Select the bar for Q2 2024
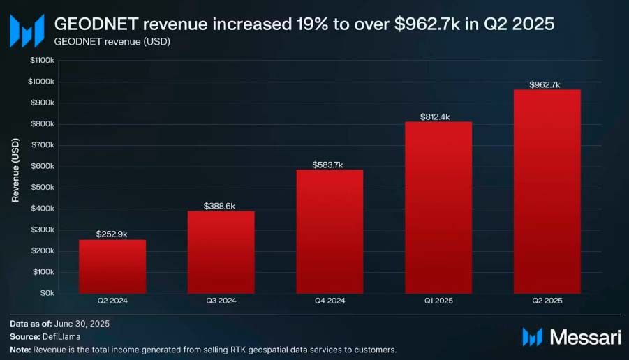pos(112,267)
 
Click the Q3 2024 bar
pos(221,252)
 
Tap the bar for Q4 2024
pos(330,231)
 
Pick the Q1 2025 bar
pos(438,207)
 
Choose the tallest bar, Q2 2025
pos(547,191)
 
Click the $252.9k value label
pos(112,234)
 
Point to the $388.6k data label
pos(220,206)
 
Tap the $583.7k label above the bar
pos(329,165)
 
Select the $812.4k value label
pos(437,117)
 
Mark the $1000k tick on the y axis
pos(42,82)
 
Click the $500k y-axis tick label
pos(43,188)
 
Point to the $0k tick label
pos(47,293)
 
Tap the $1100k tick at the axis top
pos(42,61)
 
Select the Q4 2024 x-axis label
pos(330,301)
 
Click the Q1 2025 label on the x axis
pos(438,301)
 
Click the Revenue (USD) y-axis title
pos(15,170)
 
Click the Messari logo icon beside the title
pos(27,31)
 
